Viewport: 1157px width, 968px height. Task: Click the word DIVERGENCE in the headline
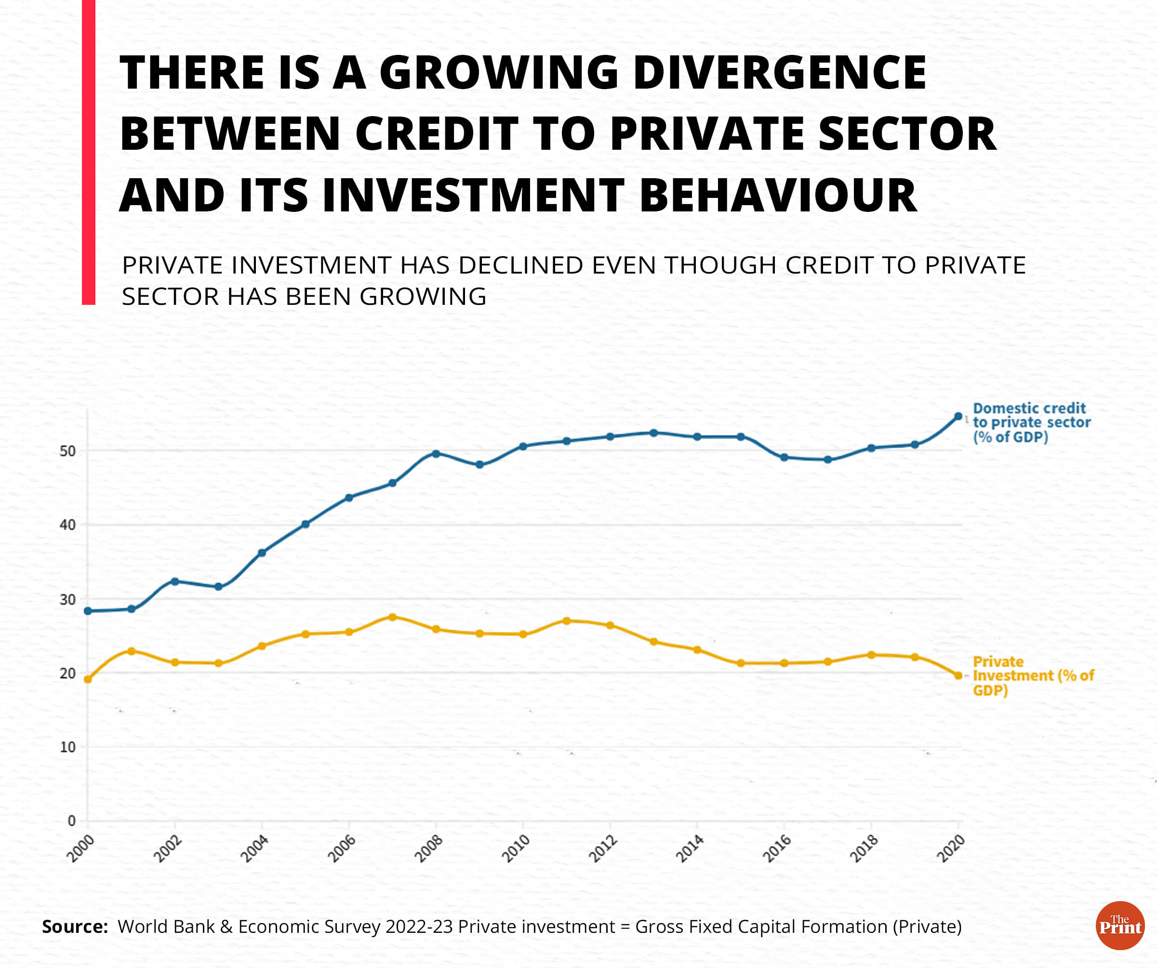(x=780, y=73)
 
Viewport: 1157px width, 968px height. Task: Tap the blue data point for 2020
(x=958, y=416)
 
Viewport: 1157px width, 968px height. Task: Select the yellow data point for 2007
(x=392, y=617)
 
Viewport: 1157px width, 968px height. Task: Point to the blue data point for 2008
(x=436, y=454)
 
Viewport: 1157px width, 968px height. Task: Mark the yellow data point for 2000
(x=88, y=680)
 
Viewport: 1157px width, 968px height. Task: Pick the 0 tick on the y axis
(x=71, y=821)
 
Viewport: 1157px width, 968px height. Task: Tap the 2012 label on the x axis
(x=603, y=849)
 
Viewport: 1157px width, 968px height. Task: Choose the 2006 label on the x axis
(x=342, y=849)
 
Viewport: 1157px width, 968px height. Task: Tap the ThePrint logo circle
(x=1120, y=926)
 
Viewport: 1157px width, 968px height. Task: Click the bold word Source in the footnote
(x=74, y=927)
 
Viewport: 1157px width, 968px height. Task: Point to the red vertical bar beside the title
(x=88, y=152)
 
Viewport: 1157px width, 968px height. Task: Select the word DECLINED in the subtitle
(x=523, y=265)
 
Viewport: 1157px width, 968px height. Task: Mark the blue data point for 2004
(x=262, y=552)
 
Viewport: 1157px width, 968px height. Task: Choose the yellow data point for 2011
(x=566, y=621)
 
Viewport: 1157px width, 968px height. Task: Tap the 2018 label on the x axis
(x=864, y=849)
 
